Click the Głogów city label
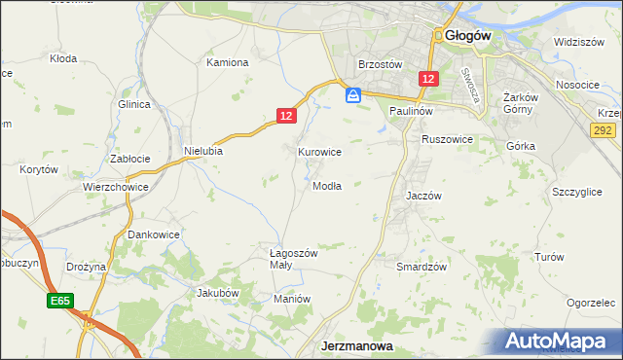pos(469,35)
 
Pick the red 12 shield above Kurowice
pos(285,116)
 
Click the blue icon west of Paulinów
pos(354,94)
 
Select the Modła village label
pos(327,186)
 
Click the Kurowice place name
pos(319,152)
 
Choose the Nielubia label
pos(204,151)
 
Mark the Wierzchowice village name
pos(115,186)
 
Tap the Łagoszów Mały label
pos(294,258)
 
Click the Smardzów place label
pos(421,266)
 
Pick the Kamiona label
pos(228,62)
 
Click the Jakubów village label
pos(218,292)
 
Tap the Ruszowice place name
pos(447,139)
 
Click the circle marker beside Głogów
pos(440,36)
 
